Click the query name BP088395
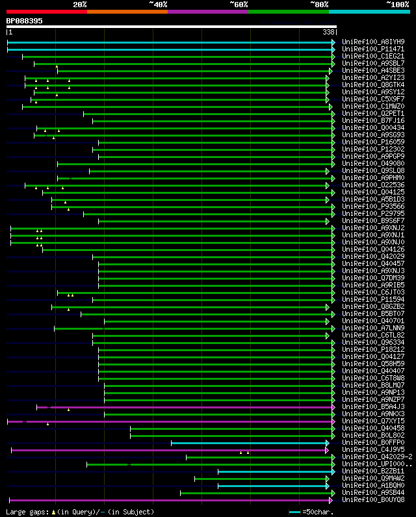[x=25, y=21]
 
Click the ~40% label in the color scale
[x=158, y=5]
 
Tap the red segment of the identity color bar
[x=46, y=12]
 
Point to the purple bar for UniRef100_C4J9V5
[x=169, y=450]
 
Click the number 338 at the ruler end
[x=328, y=32]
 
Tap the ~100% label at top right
[x=397, y=5]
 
